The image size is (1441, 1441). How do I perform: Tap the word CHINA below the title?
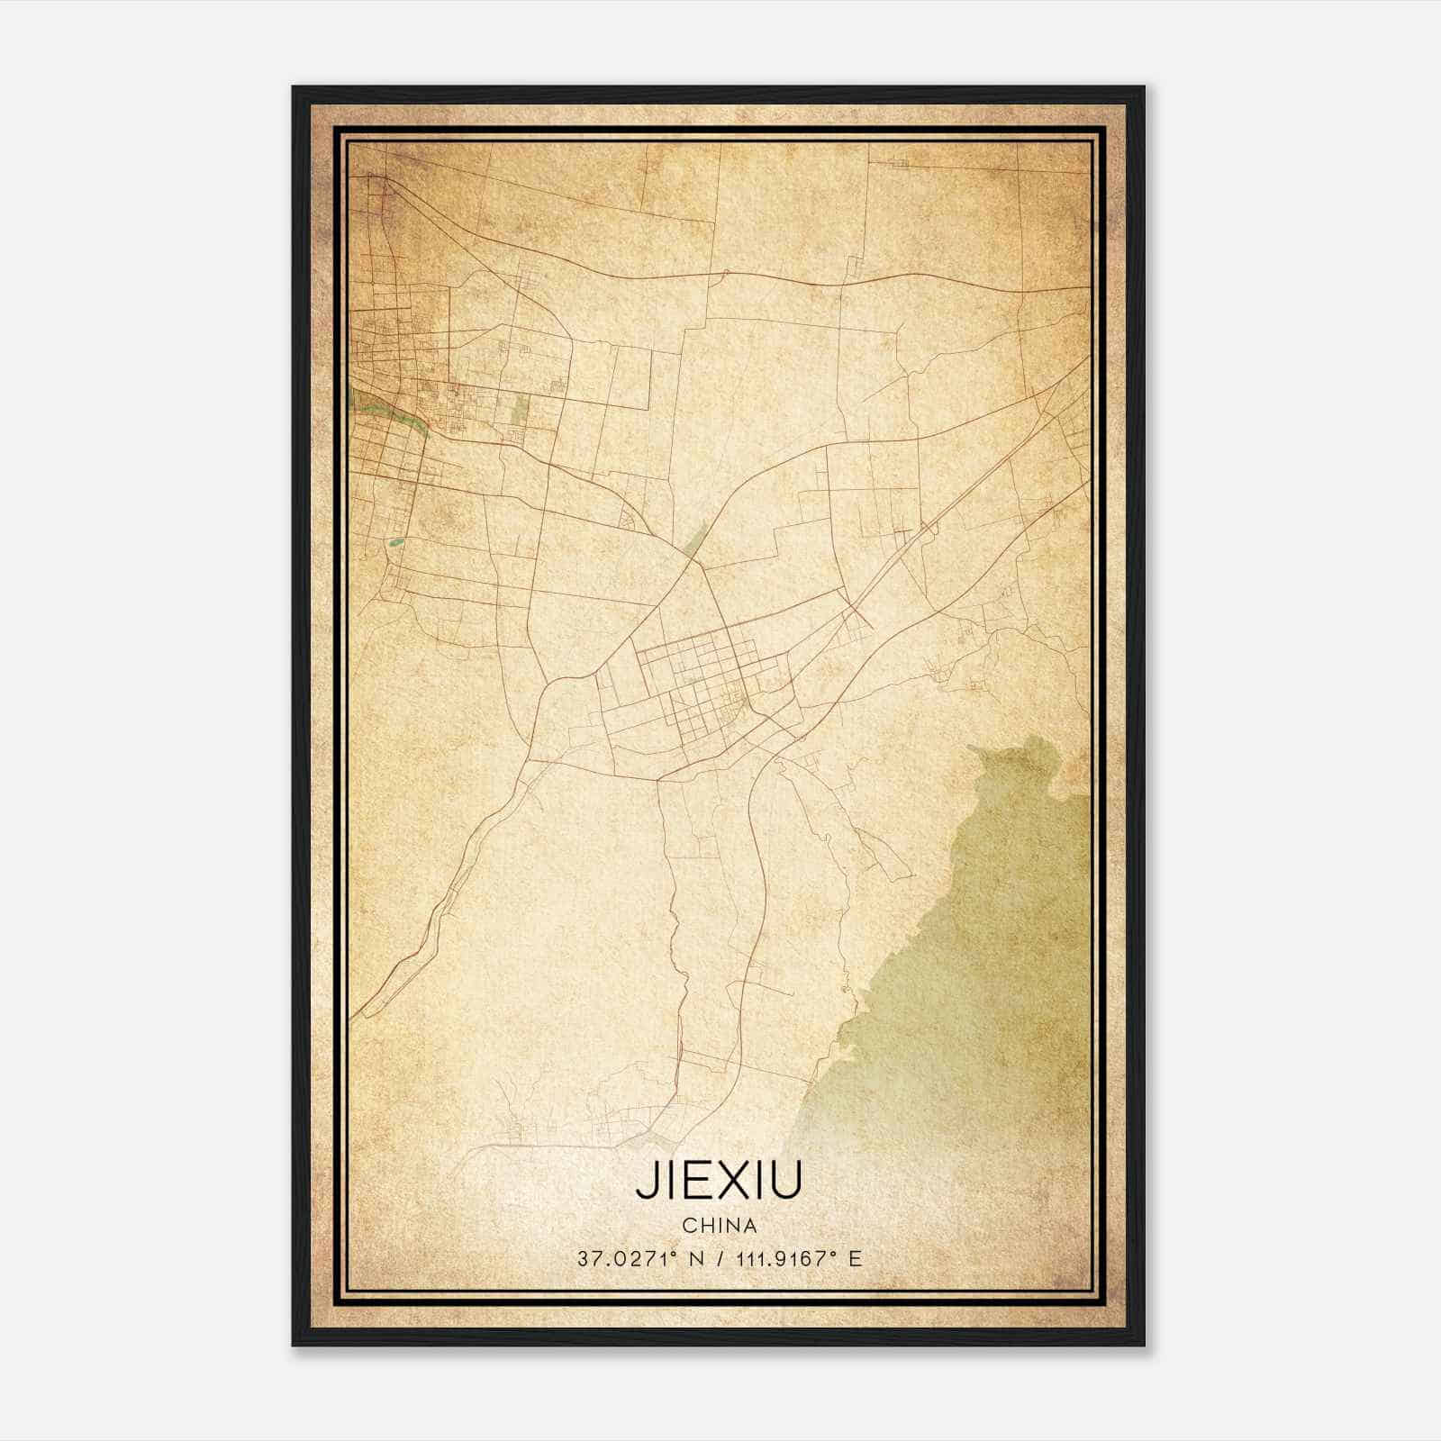(719, 1225)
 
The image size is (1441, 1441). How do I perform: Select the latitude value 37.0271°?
(626, 1258)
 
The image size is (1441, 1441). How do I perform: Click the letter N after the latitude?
(694, 1258)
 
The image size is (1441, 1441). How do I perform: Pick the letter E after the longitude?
(855, 1258)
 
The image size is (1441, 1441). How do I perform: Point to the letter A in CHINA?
(749, 1225)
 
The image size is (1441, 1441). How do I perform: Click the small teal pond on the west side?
(395, 543)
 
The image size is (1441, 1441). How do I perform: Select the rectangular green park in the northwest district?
(520, 410)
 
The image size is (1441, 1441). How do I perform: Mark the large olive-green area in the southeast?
(982, 946)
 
